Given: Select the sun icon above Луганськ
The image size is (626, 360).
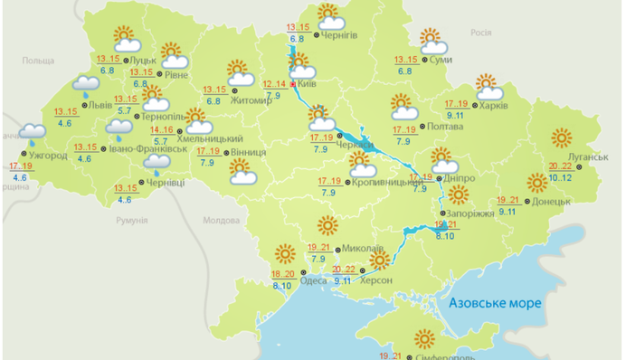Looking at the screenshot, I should pos(561,138).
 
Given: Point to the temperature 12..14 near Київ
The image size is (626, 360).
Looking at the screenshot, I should pos(274,85).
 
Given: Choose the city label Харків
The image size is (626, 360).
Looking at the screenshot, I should pos(495,105).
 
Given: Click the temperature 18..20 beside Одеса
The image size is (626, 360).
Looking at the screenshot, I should pos(283,275).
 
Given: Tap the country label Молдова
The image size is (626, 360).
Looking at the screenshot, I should pos(221,220).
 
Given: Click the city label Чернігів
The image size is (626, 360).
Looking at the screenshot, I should pos(340,35).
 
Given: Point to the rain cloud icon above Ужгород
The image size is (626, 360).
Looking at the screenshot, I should pos(33,136).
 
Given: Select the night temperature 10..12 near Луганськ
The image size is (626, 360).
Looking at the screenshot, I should pos(561,177).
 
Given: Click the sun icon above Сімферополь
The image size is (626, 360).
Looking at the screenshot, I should pos(423,339).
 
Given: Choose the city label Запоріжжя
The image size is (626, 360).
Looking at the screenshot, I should pos(469,213).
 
